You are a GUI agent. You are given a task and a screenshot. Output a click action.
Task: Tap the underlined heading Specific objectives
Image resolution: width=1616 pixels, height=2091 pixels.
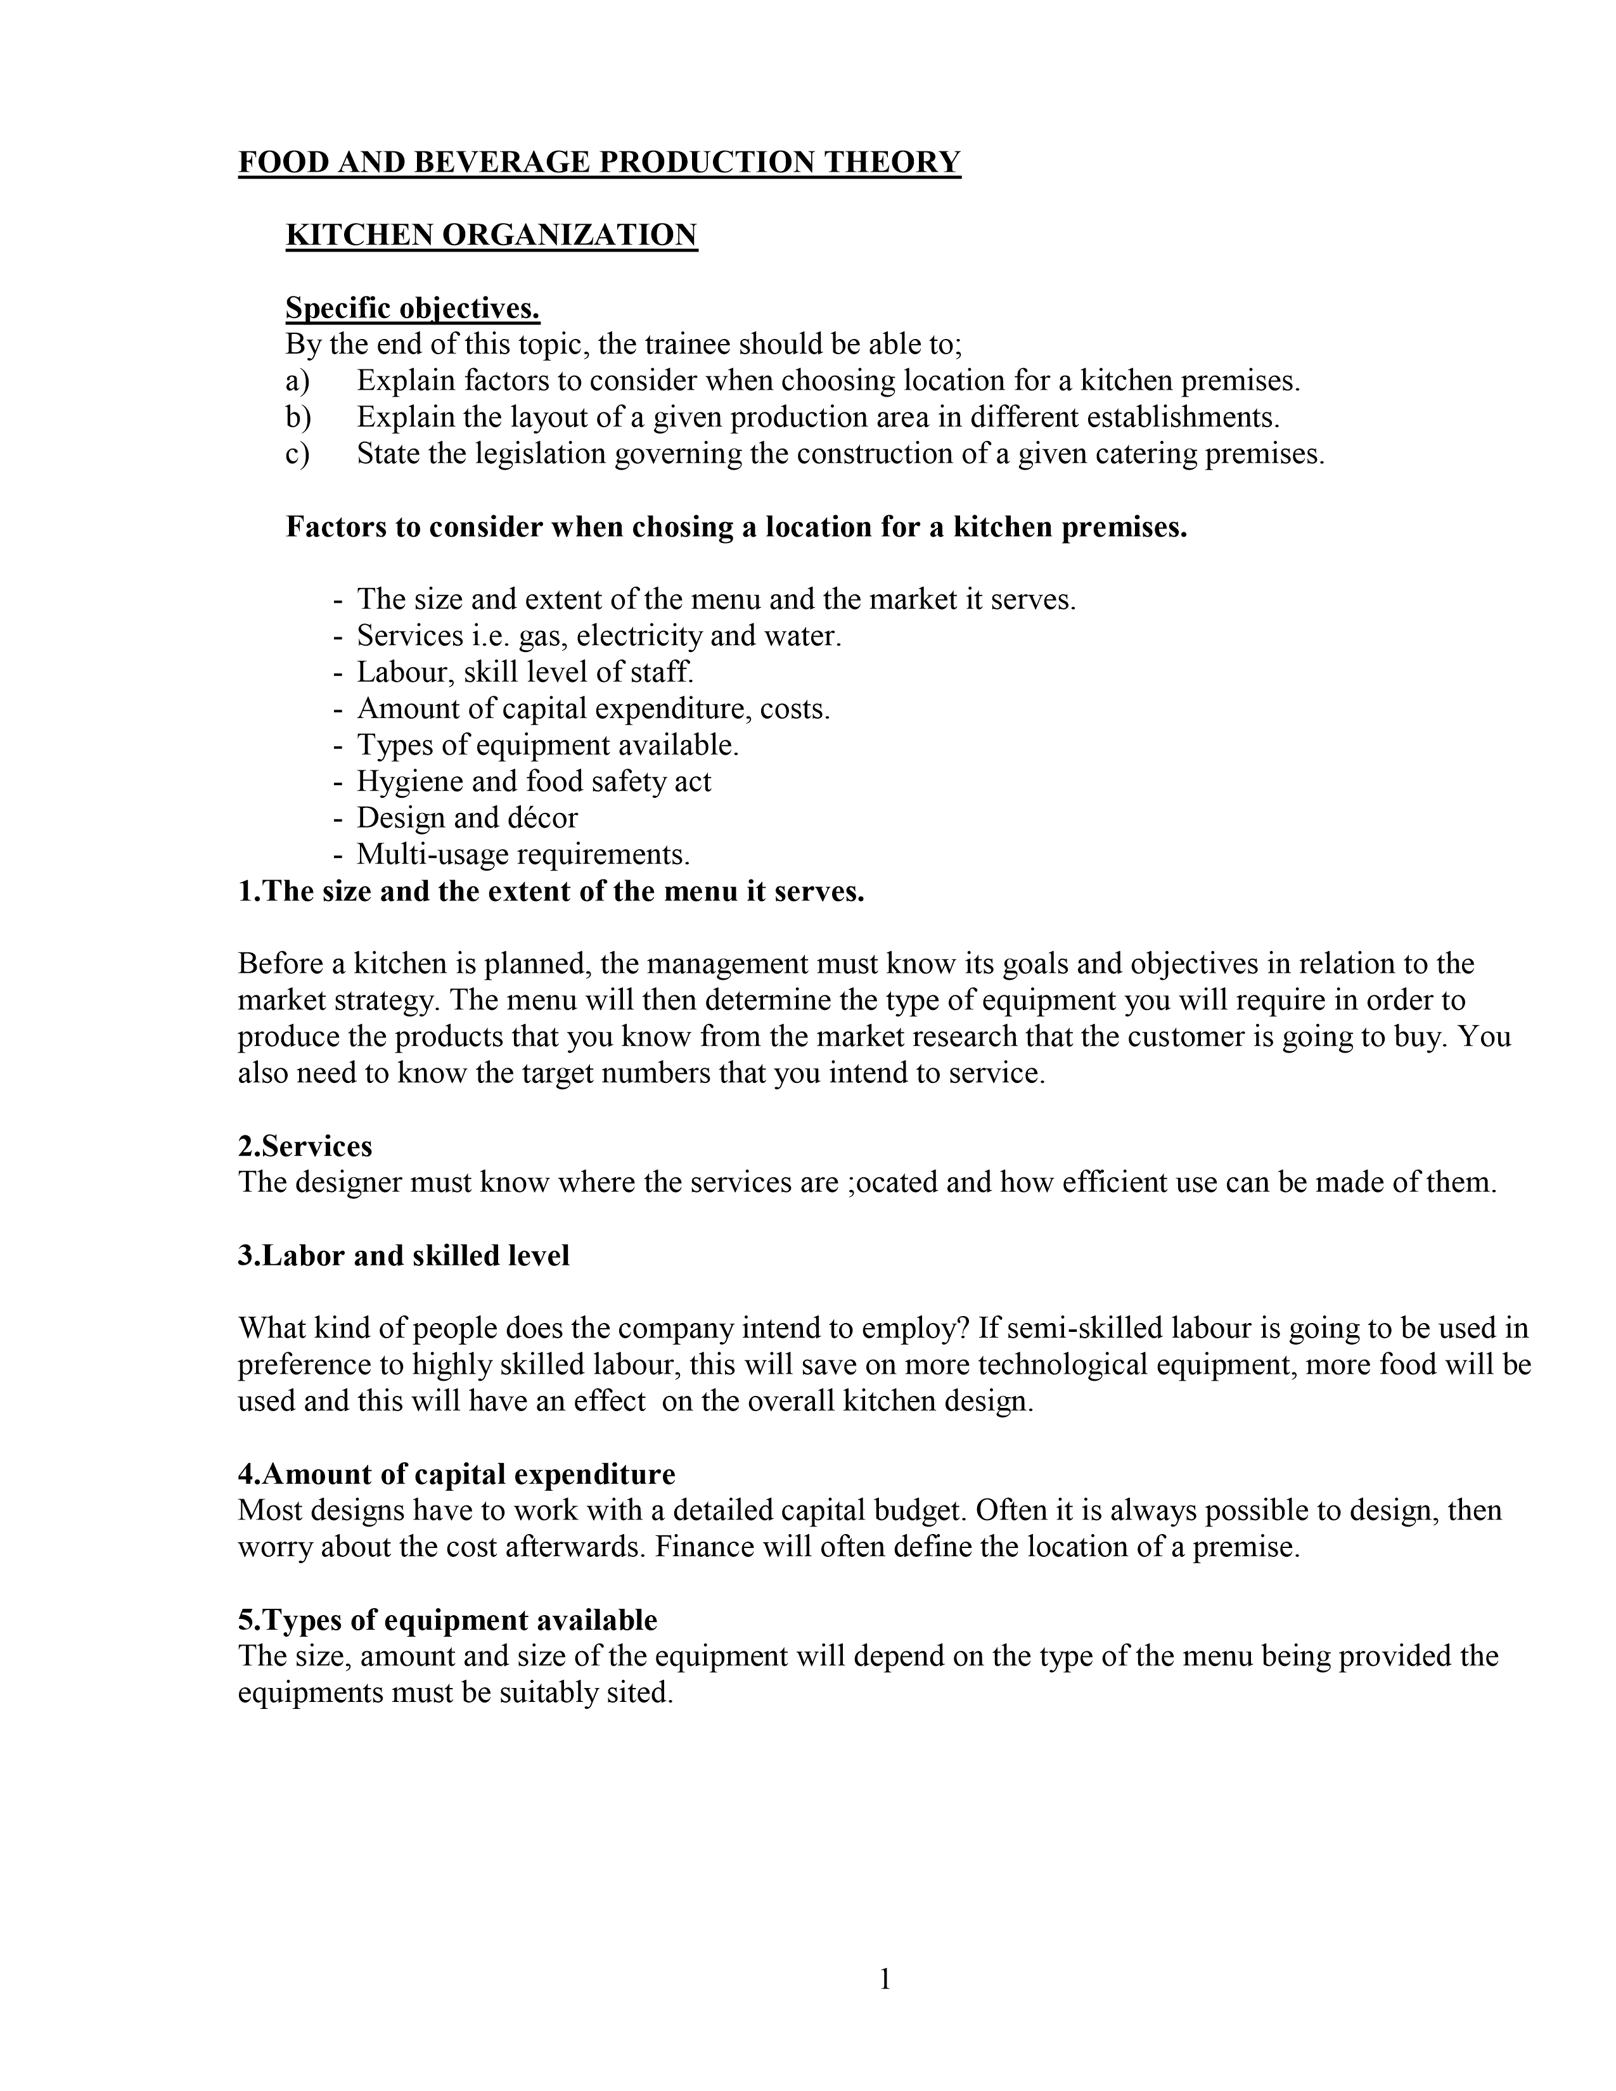coord(413,309)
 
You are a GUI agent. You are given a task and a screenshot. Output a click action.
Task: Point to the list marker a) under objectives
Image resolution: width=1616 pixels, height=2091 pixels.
coord(298,381)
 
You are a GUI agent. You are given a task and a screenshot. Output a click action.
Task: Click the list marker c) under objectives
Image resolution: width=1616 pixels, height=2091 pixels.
coord(298,454)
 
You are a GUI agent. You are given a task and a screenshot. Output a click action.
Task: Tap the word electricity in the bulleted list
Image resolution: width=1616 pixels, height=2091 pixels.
coord(639,636)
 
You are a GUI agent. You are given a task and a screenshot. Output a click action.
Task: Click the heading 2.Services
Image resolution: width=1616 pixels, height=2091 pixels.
coord(304,1146)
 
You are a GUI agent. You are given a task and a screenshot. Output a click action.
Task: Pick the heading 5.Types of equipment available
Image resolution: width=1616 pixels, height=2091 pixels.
coord(447,1620)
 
